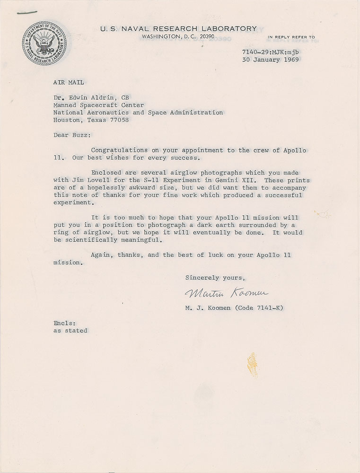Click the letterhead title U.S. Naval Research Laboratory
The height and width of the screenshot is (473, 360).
(x=178, y=28)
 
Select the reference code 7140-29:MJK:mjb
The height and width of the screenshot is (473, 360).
(x=273, y=52)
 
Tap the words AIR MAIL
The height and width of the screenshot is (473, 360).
(x=69, y=82)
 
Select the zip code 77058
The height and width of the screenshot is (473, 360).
(x=118, y=120)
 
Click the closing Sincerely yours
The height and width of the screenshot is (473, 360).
(x=215, y=277)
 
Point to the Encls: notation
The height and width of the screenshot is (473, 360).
(x=64, y=323)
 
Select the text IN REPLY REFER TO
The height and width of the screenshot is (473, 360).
(x=291, y=37)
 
